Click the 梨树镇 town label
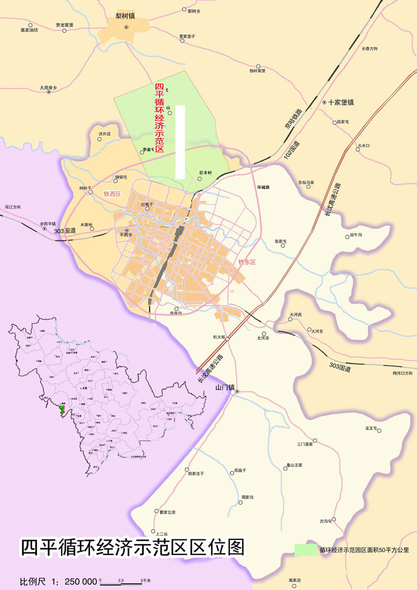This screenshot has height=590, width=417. (x=126, y=16)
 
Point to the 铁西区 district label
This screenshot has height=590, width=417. (x=112, y=194)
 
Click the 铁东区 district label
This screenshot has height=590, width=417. (x=247, y=262)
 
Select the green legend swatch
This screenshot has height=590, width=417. (x=306, y=549)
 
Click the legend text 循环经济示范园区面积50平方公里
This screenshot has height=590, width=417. (x=364, y=549)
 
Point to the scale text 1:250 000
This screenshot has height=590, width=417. (x=74, y=580)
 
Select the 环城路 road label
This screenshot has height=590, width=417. (x=263, y=187)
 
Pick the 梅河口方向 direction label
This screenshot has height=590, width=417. (x=402, y=373)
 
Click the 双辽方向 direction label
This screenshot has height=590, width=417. (x=13, y=207)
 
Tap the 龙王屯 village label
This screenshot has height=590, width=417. (x=372, y=428)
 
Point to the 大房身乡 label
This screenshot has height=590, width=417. (x=48, y=87)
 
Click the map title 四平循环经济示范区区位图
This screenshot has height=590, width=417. (x=132, y=547)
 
